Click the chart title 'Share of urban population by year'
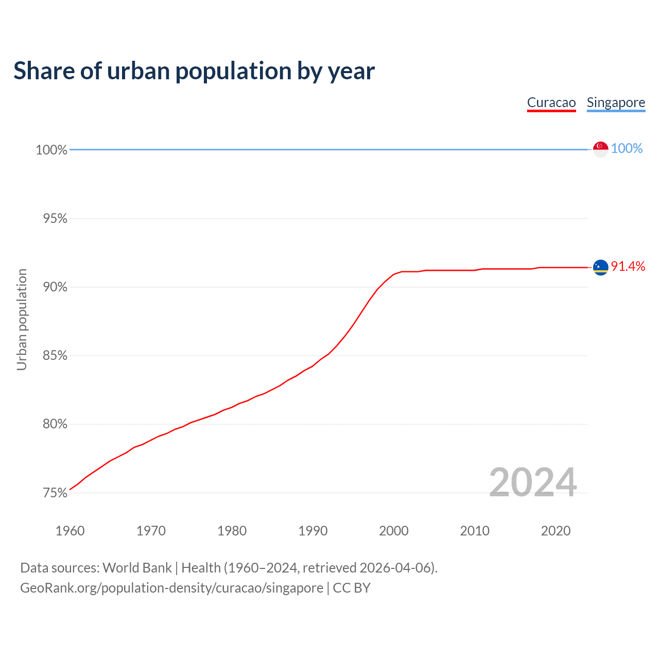coord(194,71)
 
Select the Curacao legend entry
coord(551,102)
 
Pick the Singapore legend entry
coord(616,102)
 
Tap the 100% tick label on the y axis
coord(51,150)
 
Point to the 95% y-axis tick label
coord(55,219)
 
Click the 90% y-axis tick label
coord(55,287)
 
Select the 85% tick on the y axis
coord(55,356)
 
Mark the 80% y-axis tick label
coord(55,424)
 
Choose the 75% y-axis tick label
coord(55,493)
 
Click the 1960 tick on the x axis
coord(70,531)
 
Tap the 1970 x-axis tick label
coord(151,531)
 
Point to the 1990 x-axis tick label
coord(313,531)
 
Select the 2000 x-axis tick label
coord(394,531)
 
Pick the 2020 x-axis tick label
coord(556,531)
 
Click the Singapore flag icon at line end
coord(600,149)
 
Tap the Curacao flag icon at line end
coord(600,267)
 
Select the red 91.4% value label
coord(628,266)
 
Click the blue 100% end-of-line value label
coord(627,149)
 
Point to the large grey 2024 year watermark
coord(533,482)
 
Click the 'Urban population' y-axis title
coord(22,319)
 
